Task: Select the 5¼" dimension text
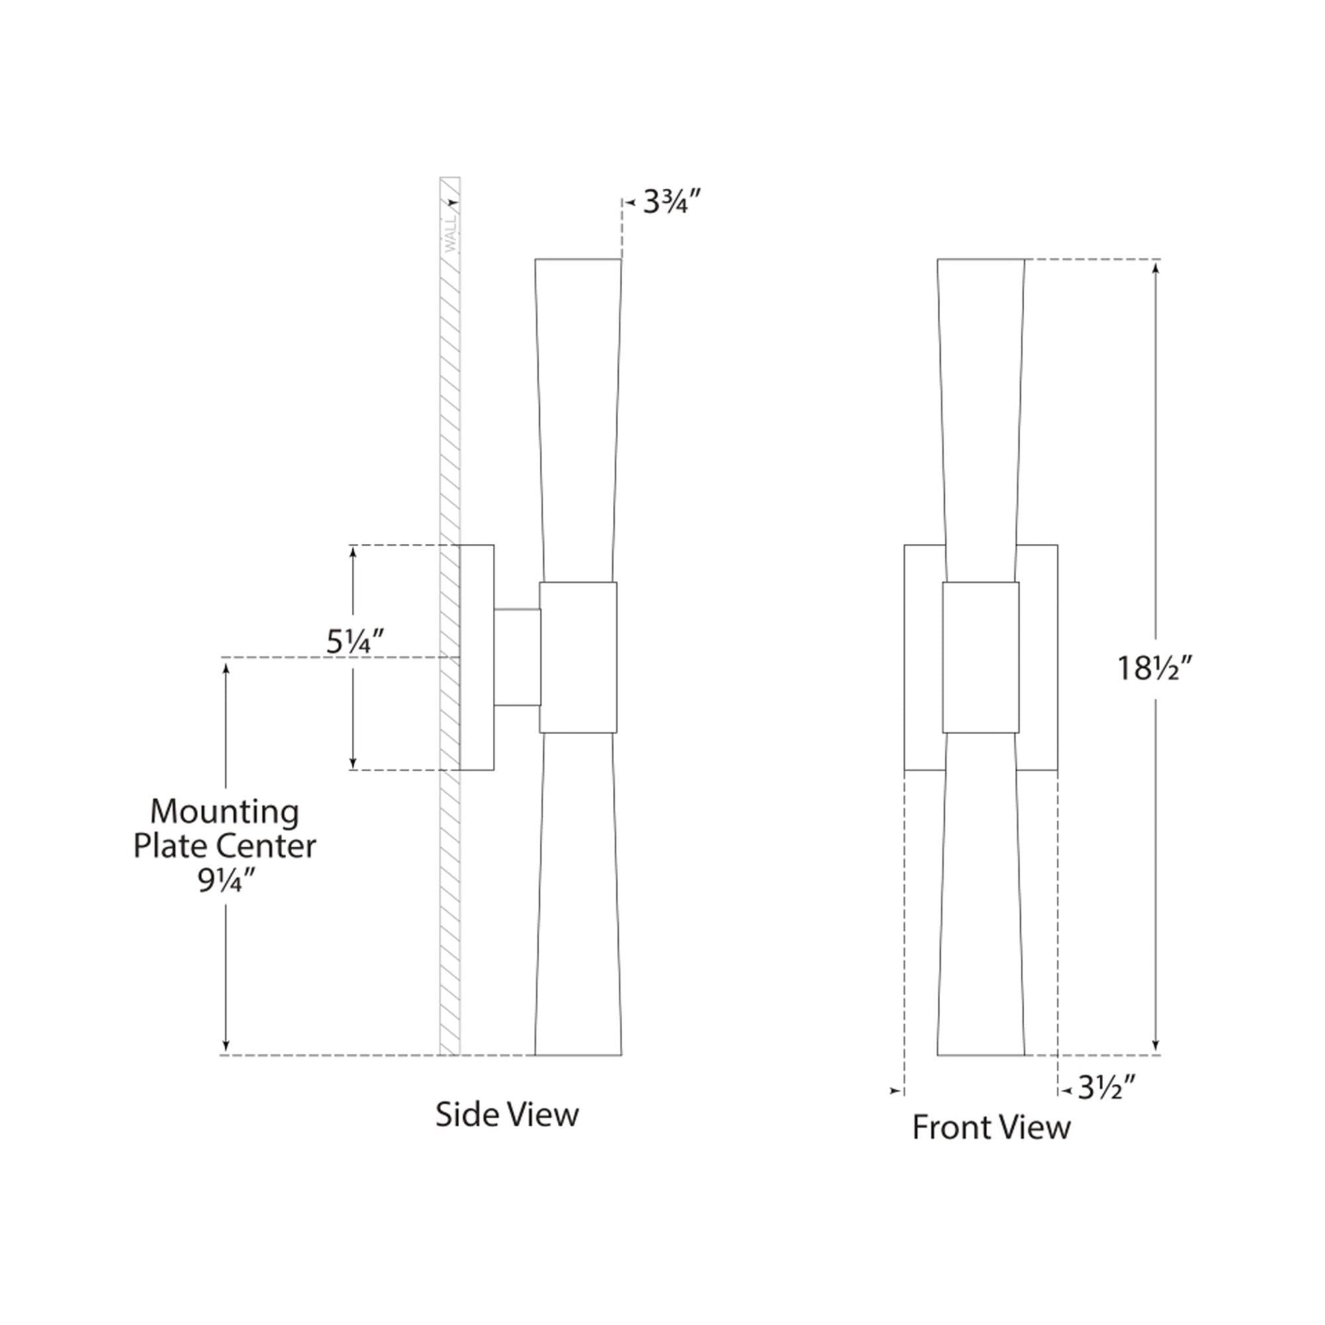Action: [x=354, y=642]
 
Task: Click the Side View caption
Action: [x=507, y=1114]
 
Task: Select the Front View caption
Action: [x=991, y=1128]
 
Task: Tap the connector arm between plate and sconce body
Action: [x=517, y=657]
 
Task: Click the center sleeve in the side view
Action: [x=578, y=657]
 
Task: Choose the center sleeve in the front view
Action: [x=980, y=657]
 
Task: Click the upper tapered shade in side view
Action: [x=578, y=420]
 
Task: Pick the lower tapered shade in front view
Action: [x=980, y=894]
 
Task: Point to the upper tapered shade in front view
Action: [x=980, y=420]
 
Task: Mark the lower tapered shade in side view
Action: [x=578, y=894]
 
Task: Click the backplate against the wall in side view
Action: [x=476, y=657]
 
